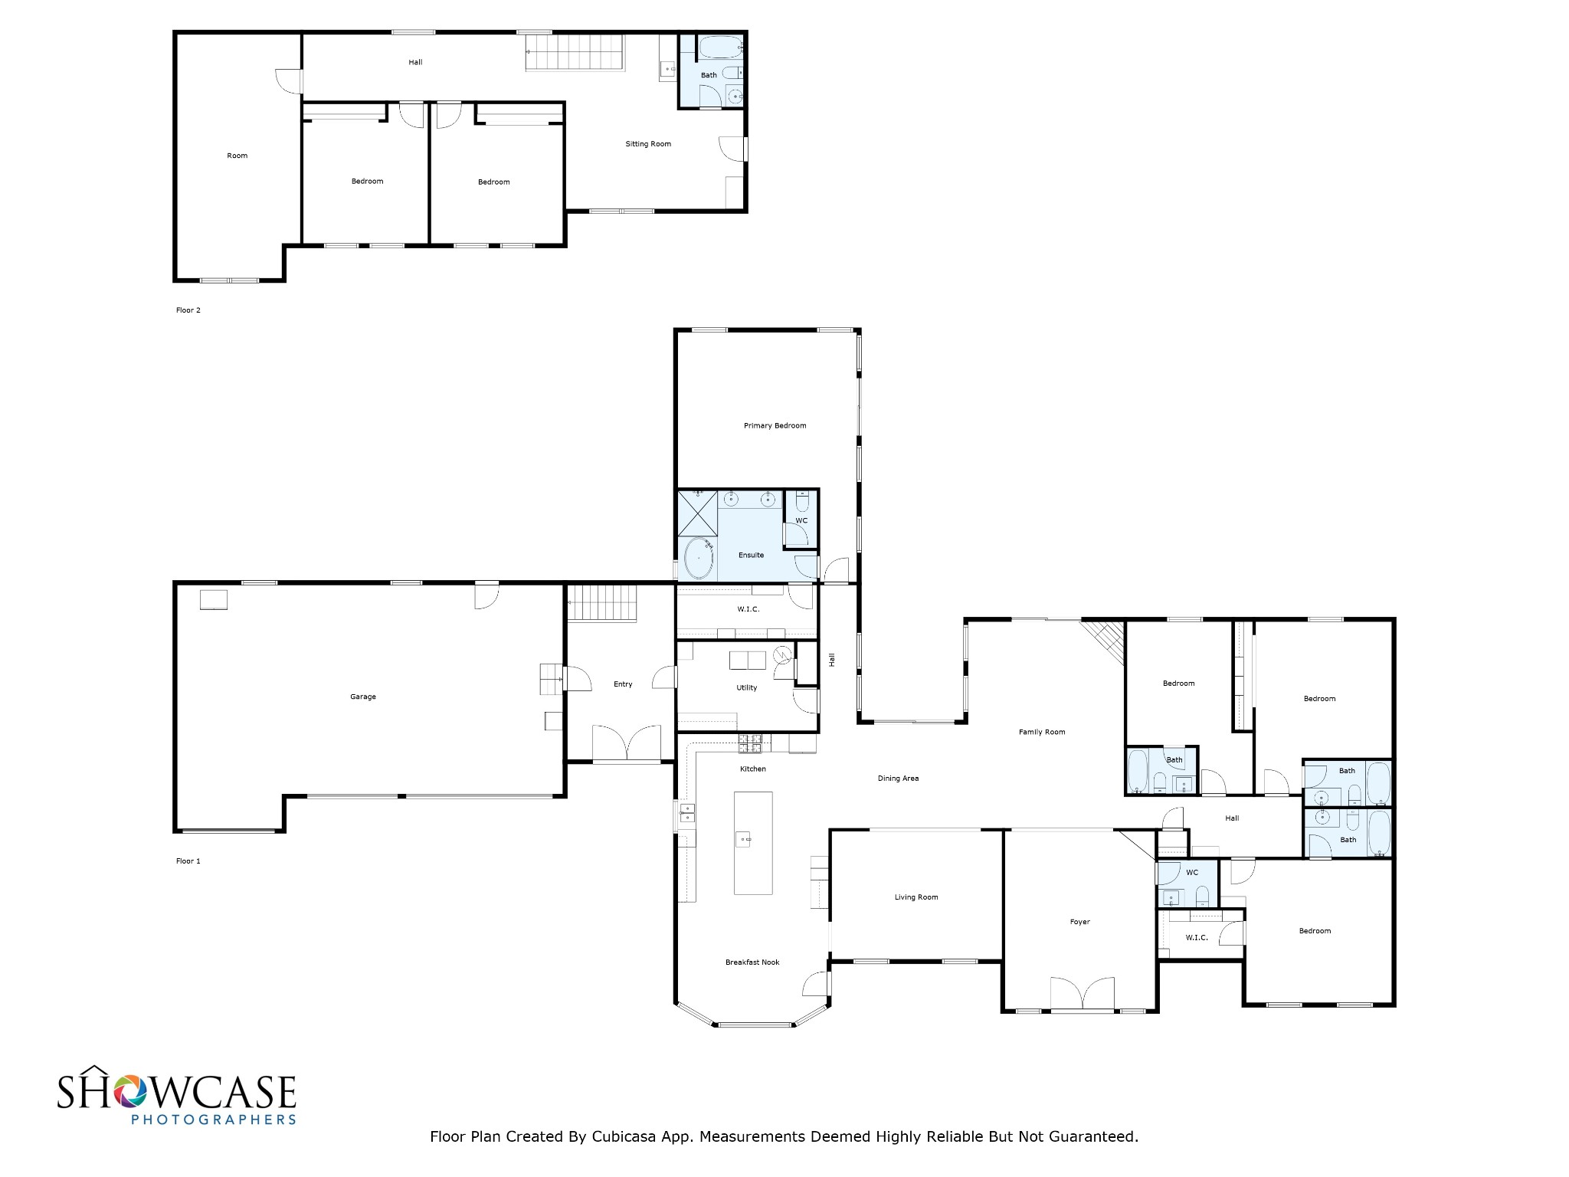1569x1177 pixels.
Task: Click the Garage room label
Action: (x=363, y=697)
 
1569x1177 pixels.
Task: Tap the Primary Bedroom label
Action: (x=775, y=426)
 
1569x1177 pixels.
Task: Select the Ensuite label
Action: (x=751, y=556)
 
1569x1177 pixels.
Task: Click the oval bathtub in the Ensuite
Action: (x=698, y=559)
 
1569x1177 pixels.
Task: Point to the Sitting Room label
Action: (x=648, y=144)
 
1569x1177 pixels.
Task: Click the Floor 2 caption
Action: (x=188, y=310)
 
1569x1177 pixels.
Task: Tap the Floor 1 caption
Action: (x=188, y=861)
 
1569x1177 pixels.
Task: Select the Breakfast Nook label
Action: (x=752, y=962)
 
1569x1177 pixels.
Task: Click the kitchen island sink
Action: (x=743, y=839)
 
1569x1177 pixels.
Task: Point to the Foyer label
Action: (x=1080, y=923)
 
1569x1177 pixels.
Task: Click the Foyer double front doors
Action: (x=1082, y=995)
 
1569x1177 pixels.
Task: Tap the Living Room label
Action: (x=916, y=897)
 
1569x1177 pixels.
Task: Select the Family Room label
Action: (x=1042, y=733)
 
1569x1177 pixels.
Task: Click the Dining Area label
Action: (x=898, y=779)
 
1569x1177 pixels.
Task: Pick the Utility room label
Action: (x=747, y=688)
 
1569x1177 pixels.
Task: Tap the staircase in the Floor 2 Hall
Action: (x=575, y=52)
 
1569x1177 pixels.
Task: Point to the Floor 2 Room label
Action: (x=237, y=156)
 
